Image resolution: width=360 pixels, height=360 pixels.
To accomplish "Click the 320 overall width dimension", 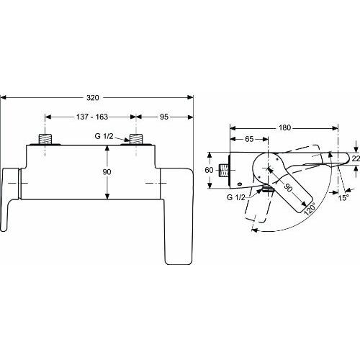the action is coord(93,98).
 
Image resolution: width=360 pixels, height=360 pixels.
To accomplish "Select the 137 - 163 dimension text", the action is coord(92,117).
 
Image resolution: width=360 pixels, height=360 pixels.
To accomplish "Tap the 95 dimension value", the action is coord(164,117).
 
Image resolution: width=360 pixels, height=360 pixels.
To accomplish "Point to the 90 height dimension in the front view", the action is coord(107,172).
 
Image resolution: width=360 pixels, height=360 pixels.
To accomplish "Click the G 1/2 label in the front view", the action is coord(104,136).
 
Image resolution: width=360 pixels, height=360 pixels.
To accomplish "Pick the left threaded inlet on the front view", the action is coord(45,139).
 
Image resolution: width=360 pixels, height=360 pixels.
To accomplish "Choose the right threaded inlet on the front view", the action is coord(136,139).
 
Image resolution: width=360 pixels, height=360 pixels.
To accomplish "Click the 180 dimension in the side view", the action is coord(285,127).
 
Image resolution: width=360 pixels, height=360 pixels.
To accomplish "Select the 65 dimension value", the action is coord(249,139).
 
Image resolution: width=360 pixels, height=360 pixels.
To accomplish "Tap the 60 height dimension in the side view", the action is coord(209,170).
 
